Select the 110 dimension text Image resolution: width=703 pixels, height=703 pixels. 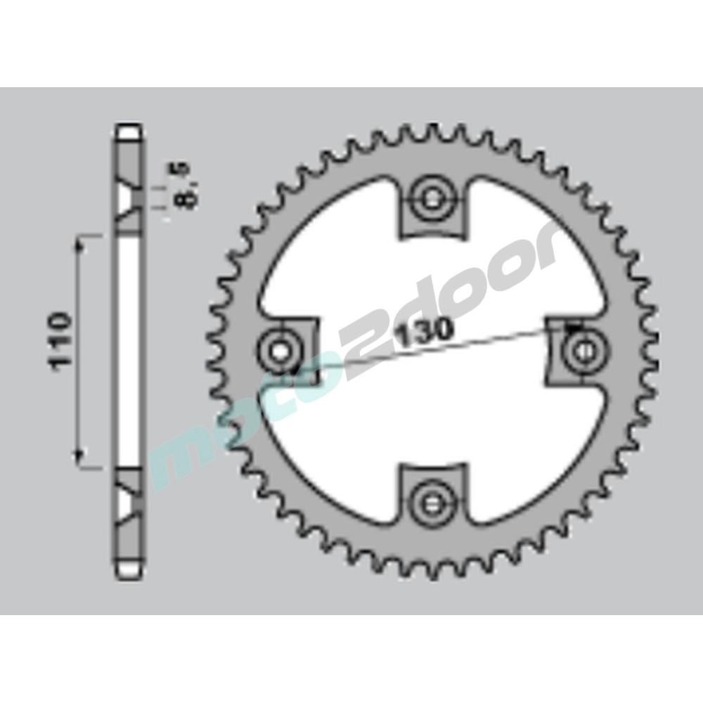(x=60, y=341)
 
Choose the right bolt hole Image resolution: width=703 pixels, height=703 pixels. (x=583, y=349)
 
